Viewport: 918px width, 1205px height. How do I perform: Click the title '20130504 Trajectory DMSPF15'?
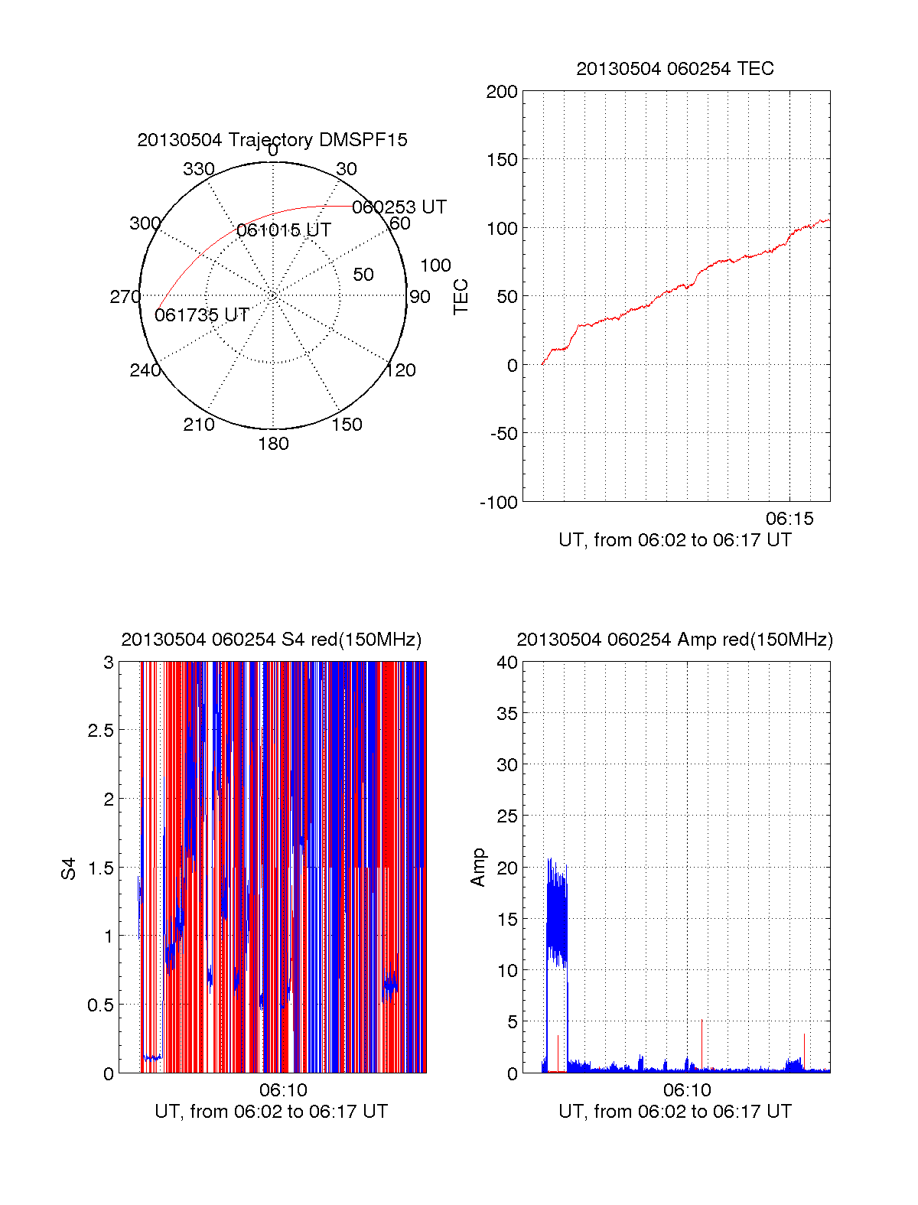(x=272, y=140)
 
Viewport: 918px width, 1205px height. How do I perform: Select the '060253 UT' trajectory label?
(x=399, y=207)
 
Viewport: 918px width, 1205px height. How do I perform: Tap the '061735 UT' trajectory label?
(x=202, y=315)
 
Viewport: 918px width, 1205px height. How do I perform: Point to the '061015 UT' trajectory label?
(x=284, y=230)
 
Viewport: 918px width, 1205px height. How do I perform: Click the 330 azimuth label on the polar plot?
(x=199, y=169)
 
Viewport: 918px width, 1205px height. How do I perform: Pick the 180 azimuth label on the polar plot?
(x=273, y=444)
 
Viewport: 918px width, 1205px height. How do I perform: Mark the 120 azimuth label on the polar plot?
(x=401, y=370)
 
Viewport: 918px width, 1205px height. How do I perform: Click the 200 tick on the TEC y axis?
(x=502, y=92)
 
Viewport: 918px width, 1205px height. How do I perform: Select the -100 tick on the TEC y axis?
(x=499, y=503)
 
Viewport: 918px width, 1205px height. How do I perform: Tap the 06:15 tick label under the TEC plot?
(x=789, y=519)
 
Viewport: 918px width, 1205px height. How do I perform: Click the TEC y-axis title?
(x=461, y=297)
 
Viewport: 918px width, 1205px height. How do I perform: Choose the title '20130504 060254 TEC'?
(x=675, y=69)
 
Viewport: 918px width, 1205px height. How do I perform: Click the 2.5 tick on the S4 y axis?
(x=100, y=731)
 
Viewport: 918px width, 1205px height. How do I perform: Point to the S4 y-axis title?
(x=69, y=868)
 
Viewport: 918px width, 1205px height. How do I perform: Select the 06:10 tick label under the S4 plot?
(x=283, y=1090)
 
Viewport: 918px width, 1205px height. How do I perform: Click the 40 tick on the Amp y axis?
(x=507, y=663)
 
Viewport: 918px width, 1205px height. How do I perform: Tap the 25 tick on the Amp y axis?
(x=507, y=816)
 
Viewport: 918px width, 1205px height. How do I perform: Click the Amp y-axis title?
(x=478, y=868)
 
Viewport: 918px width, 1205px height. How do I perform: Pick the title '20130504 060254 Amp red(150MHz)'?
(x=675, y=640)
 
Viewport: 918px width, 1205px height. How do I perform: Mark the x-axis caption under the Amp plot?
(x=675, y=1112)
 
